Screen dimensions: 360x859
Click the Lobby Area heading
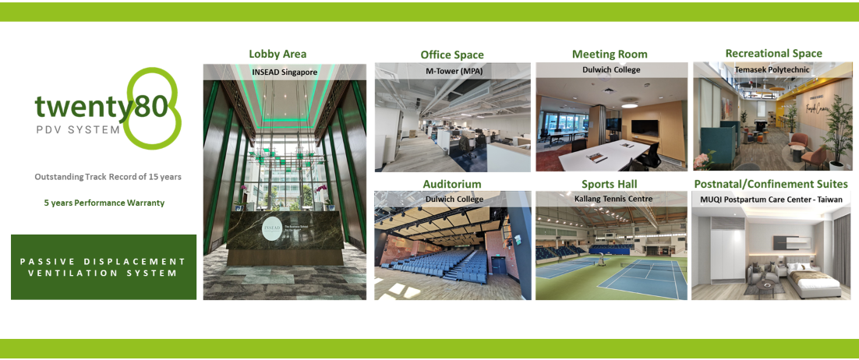(x=277, y=54)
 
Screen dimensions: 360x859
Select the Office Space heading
(x=452, y=55)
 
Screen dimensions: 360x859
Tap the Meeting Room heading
(x=610, y=54)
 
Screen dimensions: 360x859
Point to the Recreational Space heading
(x=773, y=53)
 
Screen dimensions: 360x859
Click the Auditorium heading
(x=452, y=184)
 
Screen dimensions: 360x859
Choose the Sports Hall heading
(x=610, y=184)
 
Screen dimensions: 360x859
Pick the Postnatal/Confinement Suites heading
(x=771, y=184)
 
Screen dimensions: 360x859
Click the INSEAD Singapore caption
(x=285, y=71)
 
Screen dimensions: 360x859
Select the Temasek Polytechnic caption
(x=772, y=69)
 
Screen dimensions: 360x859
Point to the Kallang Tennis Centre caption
(x=612, y=199)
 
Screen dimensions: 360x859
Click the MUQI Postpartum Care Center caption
(x=770, y=199)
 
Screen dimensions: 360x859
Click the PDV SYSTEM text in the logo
(x=78, y=129)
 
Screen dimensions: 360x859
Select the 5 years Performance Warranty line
(x=104, y=203)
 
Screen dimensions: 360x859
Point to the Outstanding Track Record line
(x=108, y=177)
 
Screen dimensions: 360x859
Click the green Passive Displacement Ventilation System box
(x=104, y=266)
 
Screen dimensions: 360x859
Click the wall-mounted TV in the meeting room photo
(x=643, y=125)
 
